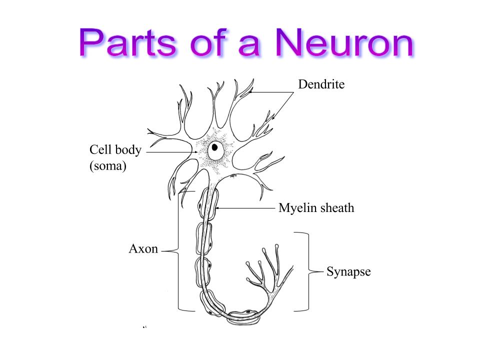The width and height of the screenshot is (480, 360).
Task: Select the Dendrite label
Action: (x=321, y=84)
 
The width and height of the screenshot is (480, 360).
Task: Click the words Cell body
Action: (x=115, y=150)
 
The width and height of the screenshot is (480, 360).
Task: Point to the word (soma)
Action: (x=107, y=166)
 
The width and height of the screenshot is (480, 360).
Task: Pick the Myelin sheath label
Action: (x=316, y=207)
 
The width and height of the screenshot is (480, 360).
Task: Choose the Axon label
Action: (x=143, y=248)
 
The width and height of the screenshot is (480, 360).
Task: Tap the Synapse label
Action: (x=348, y=272)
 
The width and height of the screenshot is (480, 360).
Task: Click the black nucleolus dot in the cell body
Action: (x=214, y=147)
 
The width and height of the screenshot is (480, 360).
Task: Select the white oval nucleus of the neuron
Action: (x=216, y=150)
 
